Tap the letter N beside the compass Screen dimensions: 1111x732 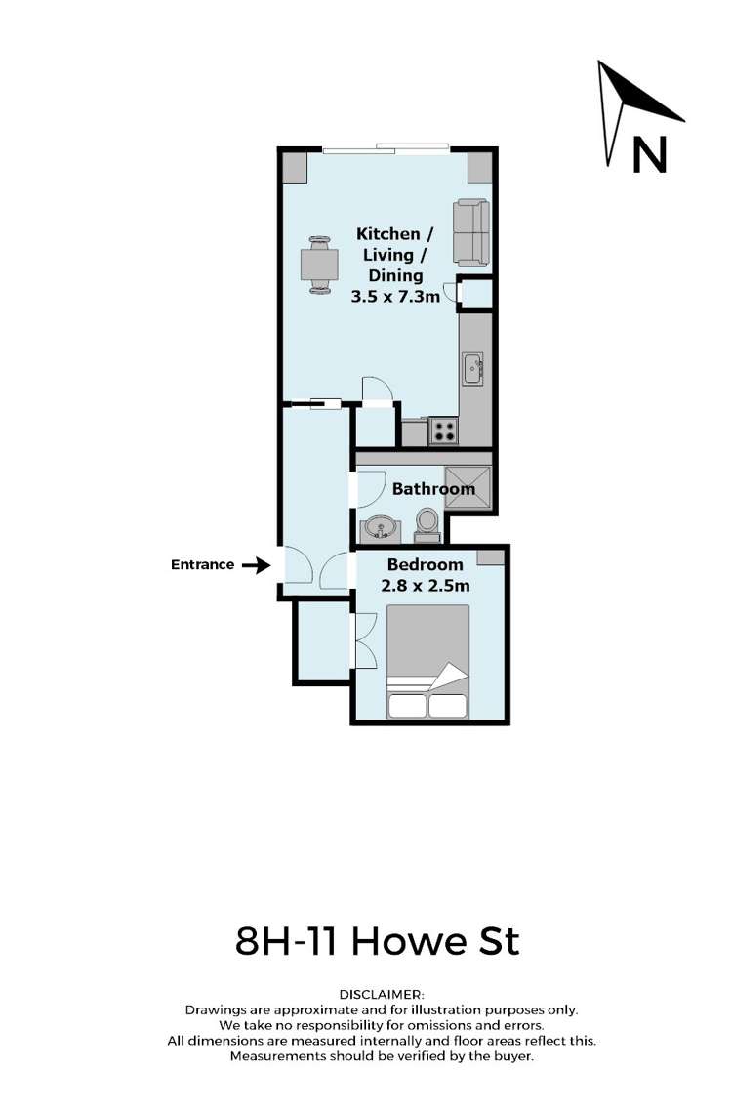[649, 154]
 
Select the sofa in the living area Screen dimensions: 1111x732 [471, 232]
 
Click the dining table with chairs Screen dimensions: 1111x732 [319, 265]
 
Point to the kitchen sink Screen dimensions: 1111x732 [472, 367]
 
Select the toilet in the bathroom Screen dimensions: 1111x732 [427, 523]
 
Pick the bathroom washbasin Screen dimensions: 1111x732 [379, 529]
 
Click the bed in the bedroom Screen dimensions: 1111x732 [428, 660]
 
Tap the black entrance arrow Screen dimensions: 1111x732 [256, 564]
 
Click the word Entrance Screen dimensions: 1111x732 [202, 564]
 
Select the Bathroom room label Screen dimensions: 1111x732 [433, 489]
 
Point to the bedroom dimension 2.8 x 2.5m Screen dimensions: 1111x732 [426, 586]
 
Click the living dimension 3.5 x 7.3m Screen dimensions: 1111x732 [395, 295]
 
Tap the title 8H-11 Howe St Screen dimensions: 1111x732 [378, 942]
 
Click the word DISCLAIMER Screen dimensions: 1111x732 [382, 994]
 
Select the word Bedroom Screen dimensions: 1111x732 [425, 565]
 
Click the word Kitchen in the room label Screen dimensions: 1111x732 [387, 234]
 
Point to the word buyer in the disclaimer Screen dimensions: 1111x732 [511, 1057]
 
